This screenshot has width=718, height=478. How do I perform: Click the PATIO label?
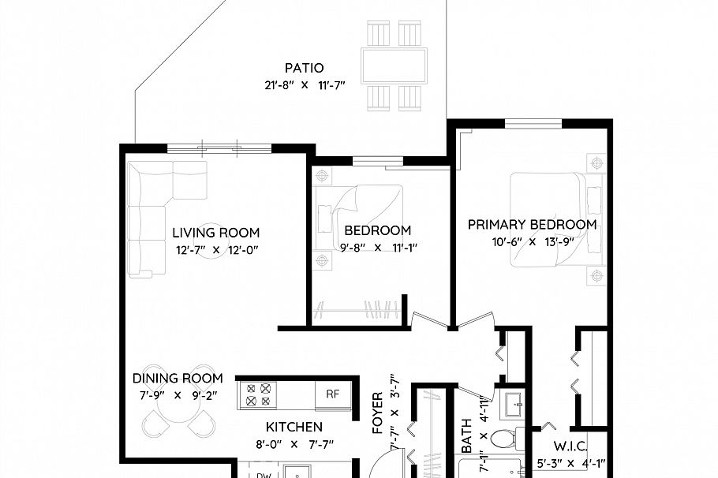pos(304,68)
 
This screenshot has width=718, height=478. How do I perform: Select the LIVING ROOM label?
pos(215,233)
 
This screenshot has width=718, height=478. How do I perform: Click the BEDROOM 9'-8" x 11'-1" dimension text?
pos(377,247)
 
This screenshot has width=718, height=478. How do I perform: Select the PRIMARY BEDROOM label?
pos(532,225)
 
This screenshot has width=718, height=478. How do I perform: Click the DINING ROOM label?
pos(177,379)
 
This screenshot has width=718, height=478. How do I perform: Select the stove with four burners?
pos(258,394)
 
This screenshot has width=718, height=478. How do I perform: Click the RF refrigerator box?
pos(333,394)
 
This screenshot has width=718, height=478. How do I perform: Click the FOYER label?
pos(377,413)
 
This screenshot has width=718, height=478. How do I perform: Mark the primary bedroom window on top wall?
pos(533,123)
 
